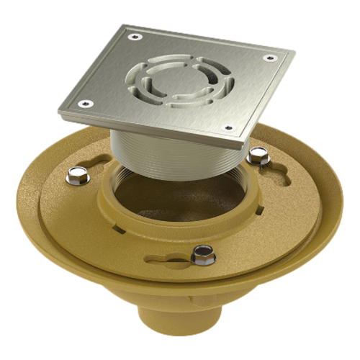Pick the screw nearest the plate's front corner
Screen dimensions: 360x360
point(228,128)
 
